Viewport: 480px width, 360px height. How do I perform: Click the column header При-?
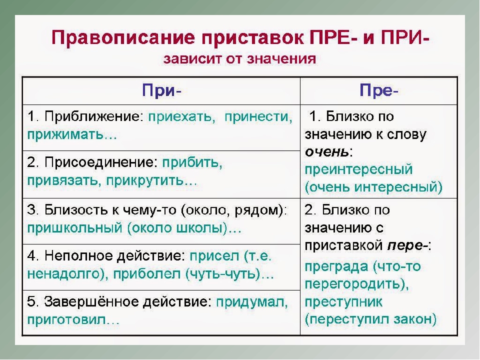(161, 90)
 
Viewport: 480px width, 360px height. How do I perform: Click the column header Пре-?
(379, 90)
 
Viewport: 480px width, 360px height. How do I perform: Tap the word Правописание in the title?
(123, 38)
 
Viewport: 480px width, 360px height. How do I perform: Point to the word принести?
(258, 116)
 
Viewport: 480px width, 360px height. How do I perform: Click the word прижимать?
(65, 134)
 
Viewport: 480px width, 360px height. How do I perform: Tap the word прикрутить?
(145, 180)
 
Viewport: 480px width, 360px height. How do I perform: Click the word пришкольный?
(75, 228)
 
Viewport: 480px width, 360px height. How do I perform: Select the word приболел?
(147, 274)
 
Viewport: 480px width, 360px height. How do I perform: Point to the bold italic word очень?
(326, 152)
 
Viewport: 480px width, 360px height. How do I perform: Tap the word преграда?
(336, 266)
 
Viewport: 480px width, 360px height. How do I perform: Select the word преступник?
(343, 302)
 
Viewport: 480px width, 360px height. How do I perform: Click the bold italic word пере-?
(407, 245)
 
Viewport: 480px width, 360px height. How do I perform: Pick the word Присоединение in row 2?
(101, 162)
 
